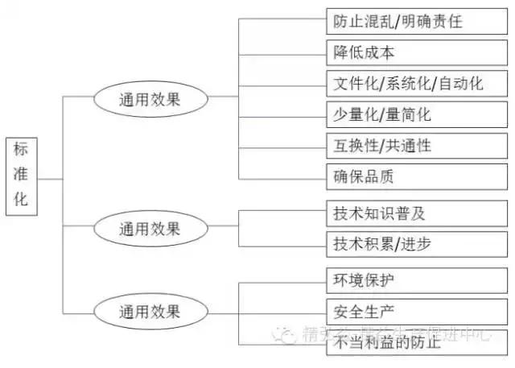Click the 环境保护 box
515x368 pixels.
point(418,281)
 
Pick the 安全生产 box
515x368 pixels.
point(418,311)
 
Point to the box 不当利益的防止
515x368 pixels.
point(418,342)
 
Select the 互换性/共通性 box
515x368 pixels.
point(418,146)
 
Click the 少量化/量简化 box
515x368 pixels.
point(418,114)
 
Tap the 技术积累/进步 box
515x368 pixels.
point(418,244)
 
